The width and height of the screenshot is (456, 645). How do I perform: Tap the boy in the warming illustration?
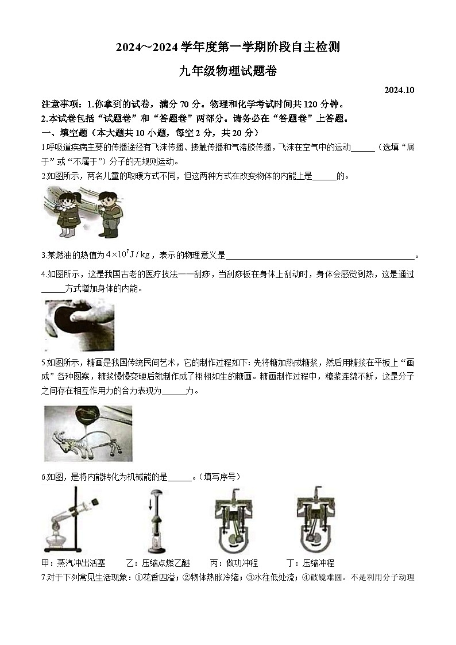pyautogui.click(x=109, y=214)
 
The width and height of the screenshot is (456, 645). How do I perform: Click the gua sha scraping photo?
pyautogui.click(x=79, y=325)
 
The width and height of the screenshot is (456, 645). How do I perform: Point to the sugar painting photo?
pyautogui.click(x=88, y=433)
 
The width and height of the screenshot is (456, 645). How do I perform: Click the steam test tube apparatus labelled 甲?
pyautogui.click(x=68, y=519)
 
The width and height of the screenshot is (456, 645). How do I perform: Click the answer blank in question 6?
pyautogui.click(x=179, y=477)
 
